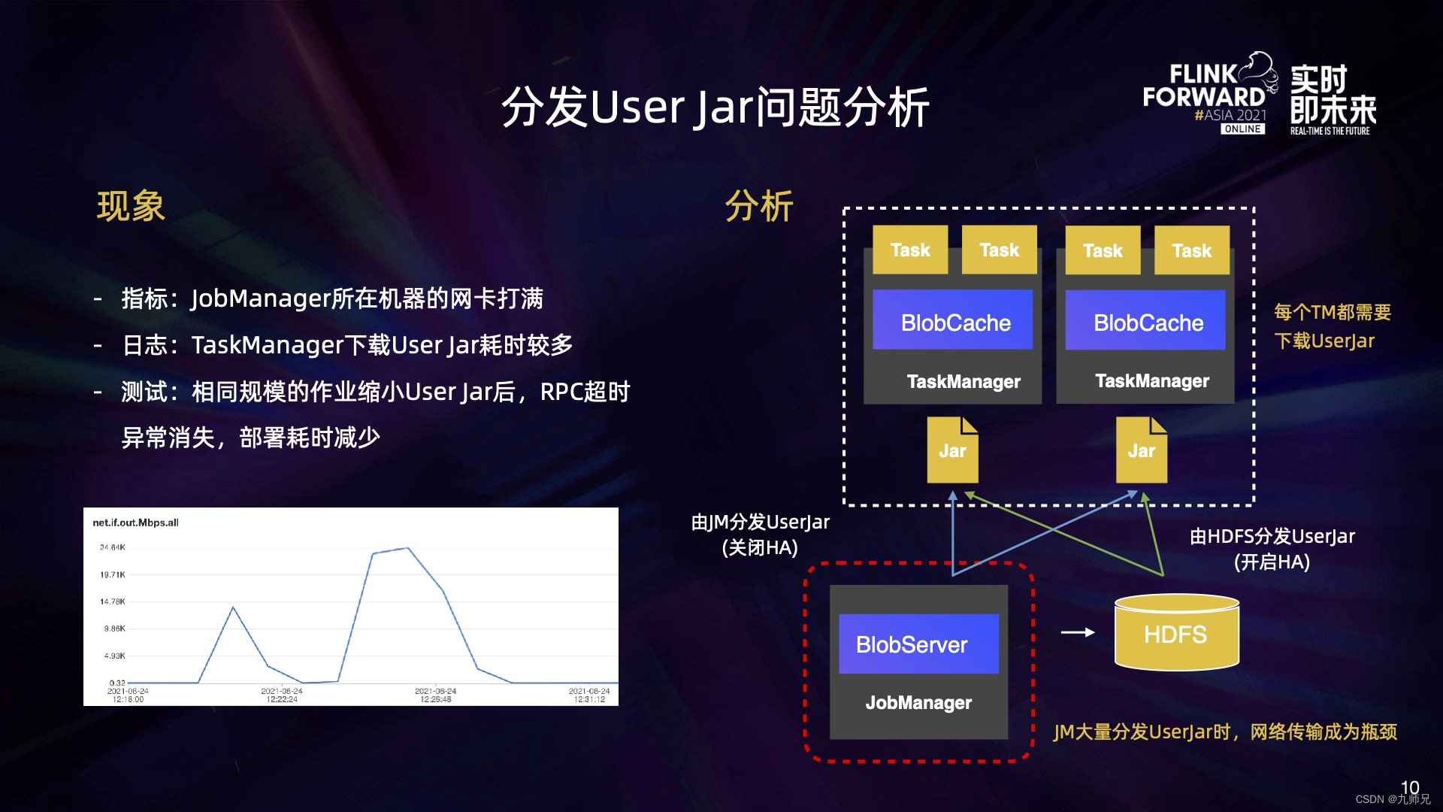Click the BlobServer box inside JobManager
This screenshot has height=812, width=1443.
point(918,644)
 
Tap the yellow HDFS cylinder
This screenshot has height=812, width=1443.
point(1176,634)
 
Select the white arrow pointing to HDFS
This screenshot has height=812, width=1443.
point(1078,633)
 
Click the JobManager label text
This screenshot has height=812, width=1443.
point(918,703)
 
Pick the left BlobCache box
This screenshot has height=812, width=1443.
point(953,322)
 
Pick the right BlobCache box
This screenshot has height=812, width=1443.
point(1145,322)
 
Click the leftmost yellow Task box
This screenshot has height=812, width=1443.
point(910,250)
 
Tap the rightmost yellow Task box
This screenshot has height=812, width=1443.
point(1192,250)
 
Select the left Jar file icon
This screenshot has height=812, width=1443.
point(952,450)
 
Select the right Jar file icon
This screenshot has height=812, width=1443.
point(1142,450)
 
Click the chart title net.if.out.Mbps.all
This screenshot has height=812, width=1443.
point(135,523)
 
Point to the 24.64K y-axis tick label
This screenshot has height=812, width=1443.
point(113,547)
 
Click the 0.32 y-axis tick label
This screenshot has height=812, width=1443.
point(117,683)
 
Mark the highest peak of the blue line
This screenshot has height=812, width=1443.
point(407,548)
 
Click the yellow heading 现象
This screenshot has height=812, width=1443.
point(131,207)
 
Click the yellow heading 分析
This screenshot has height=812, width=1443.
point(759,207)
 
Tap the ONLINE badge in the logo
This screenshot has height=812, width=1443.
point(1242,129)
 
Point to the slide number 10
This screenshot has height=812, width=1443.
point(1410,786)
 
